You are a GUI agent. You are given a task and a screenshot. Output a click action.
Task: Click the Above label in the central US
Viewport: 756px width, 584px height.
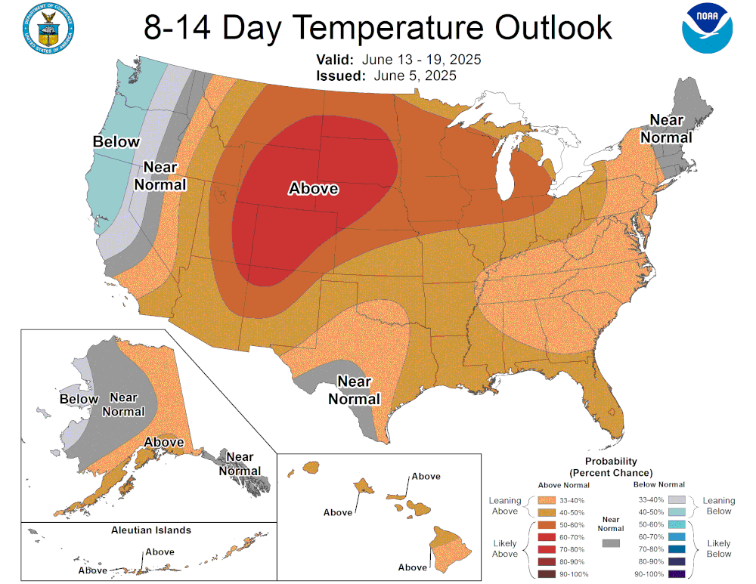(313, 189)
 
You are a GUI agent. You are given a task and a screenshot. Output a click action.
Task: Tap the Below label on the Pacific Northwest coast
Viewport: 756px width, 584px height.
(116, 141)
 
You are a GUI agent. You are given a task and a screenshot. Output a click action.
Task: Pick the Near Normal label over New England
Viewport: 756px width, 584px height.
(666, 128)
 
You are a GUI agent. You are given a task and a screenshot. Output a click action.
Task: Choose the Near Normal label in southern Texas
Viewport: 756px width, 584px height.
(354, 390)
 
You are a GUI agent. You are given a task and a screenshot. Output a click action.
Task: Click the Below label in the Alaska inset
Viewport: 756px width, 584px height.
(79, 399)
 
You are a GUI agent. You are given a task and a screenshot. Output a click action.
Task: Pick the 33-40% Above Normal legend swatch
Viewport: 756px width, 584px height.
(547, 499)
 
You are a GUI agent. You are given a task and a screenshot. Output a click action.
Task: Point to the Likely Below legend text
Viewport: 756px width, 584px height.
(718, 548)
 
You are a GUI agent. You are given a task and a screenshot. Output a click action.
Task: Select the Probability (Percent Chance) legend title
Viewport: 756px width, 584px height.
(611, 466)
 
